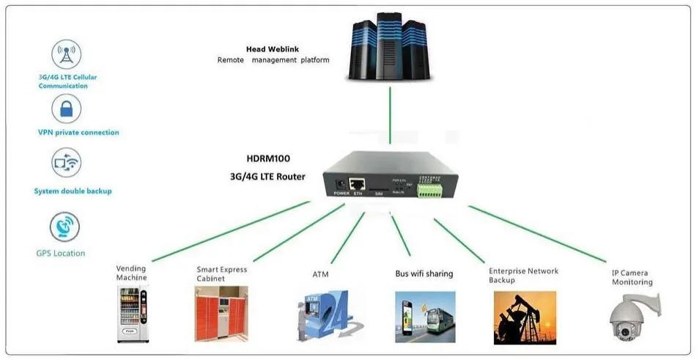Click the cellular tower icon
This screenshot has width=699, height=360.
[66, 54]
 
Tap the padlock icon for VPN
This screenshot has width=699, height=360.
[66, 109]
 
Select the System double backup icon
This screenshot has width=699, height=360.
[66, 163]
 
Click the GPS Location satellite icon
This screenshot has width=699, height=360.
[64, 227]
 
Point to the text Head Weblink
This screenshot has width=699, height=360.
[273, 49]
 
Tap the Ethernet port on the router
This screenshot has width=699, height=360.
[358, 184]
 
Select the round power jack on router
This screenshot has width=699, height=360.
[340, 184]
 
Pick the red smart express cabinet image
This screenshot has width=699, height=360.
[221, 313]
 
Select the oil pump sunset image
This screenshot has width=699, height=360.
[523, 317]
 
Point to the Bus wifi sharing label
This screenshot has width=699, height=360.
[424, 273]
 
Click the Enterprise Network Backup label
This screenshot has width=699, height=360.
[523, 275]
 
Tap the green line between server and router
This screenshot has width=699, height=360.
[390, 115]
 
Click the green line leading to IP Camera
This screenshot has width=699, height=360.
[537, 233]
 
